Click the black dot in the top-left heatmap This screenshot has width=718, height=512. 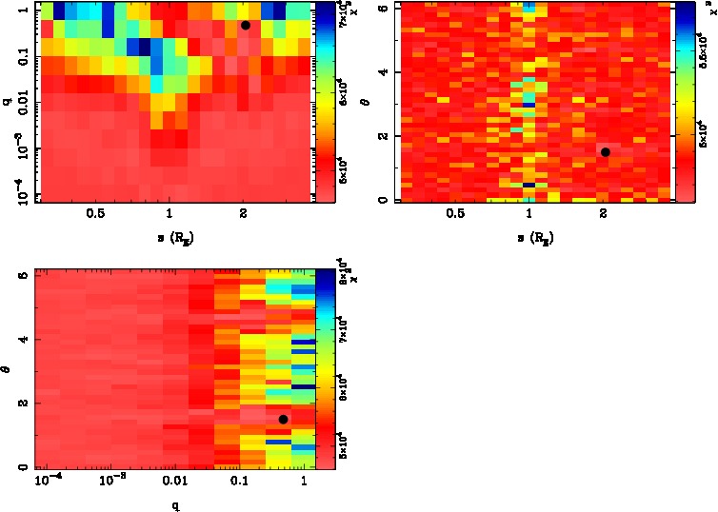pyautogui.click(x=246, y=26)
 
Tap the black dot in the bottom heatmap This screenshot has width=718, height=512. pyautogui.click(x=283, y=420)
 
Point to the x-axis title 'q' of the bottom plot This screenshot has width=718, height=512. pyautogui.click(x=175, y=506)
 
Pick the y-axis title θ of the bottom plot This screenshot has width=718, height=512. pyautogui.click(x=7, y=368)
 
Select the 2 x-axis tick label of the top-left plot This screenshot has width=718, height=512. pyautogui.click(x=245, y=214)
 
